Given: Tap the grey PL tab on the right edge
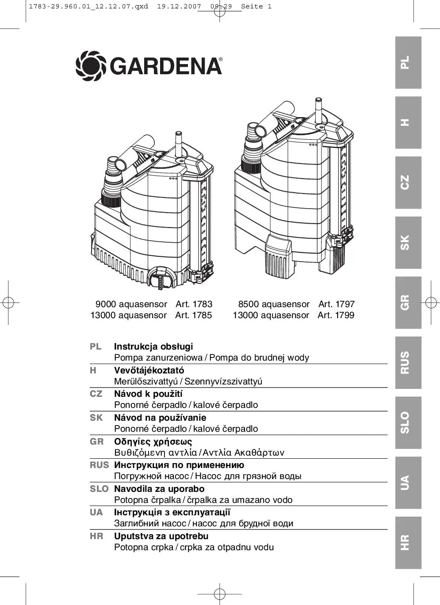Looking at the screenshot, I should coord(408,63).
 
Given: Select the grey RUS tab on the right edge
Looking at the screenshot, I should coord(408,363).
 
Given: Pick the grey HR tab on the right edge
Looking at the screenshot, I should coord(408,543).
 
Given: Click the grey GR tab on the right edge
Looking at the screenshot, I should coord(408,303).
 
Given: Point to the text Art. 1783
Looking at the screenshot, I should coord(194,304).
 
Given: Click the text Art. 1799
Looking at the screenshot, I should coord(336,315).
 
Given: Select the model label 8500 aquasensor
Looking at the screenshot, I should coord(274,304).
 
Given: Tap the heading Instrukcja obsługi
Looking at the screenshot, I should coord(153,346).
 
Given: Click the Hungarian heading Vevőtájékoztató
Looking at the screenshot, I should coord(149,370).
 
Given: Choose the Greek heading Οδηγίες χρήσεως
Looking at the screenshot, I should coord(153,441).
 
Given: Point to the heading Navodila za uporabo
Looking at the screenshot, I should coord(159,489).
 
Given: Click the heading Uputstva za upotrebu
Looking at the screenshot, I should coord(161,536).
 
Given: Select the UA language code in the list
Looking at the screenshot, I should coord(96,513).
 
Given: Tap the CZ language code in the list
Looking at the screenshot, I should coord(96,394).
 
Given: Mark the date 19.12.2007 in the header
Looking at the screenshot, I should coord(179,7).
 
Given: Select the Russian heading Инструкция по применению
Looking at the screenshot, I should coord(179,465).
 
